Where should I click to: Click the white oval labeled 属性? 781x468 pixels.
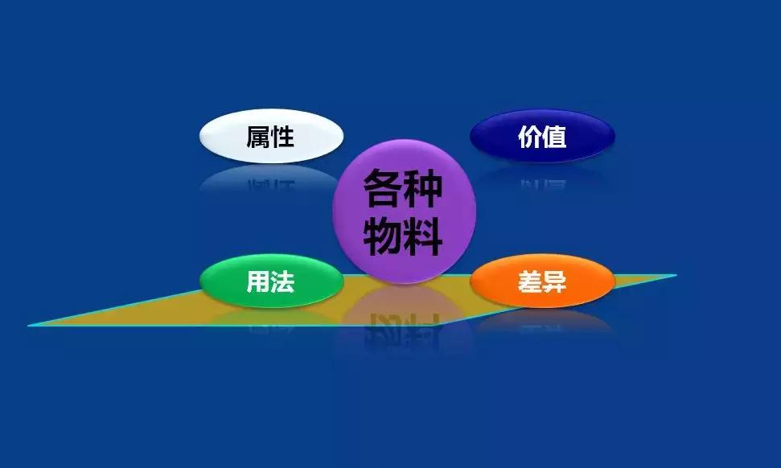(x=271, y=136)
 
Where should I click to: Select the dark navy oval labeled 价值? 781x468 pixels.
(x=542, y=136)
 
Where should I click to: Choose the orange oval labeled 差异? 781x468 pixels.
(x=542, y=281)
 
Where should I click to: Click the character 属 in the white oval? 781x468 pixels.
(x=258, y=137)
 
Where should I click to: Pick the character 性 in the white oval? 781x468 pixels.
(x=283, y=137)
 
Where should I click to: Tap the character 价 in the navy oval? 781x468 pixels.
(x=529, y=137)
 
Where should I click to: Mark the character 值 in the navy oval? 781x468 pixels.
(x=554, y=137)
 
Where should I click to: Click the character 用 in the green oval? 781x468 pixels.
(x=258, y=281)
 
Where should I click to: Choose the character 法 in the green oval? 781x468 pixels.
(x=283, y=281)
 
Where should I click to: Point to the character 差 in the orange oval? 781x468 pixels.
(x=529, y=282)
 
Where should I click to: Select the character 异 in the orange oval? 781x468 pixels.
(x=554, y=282)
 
